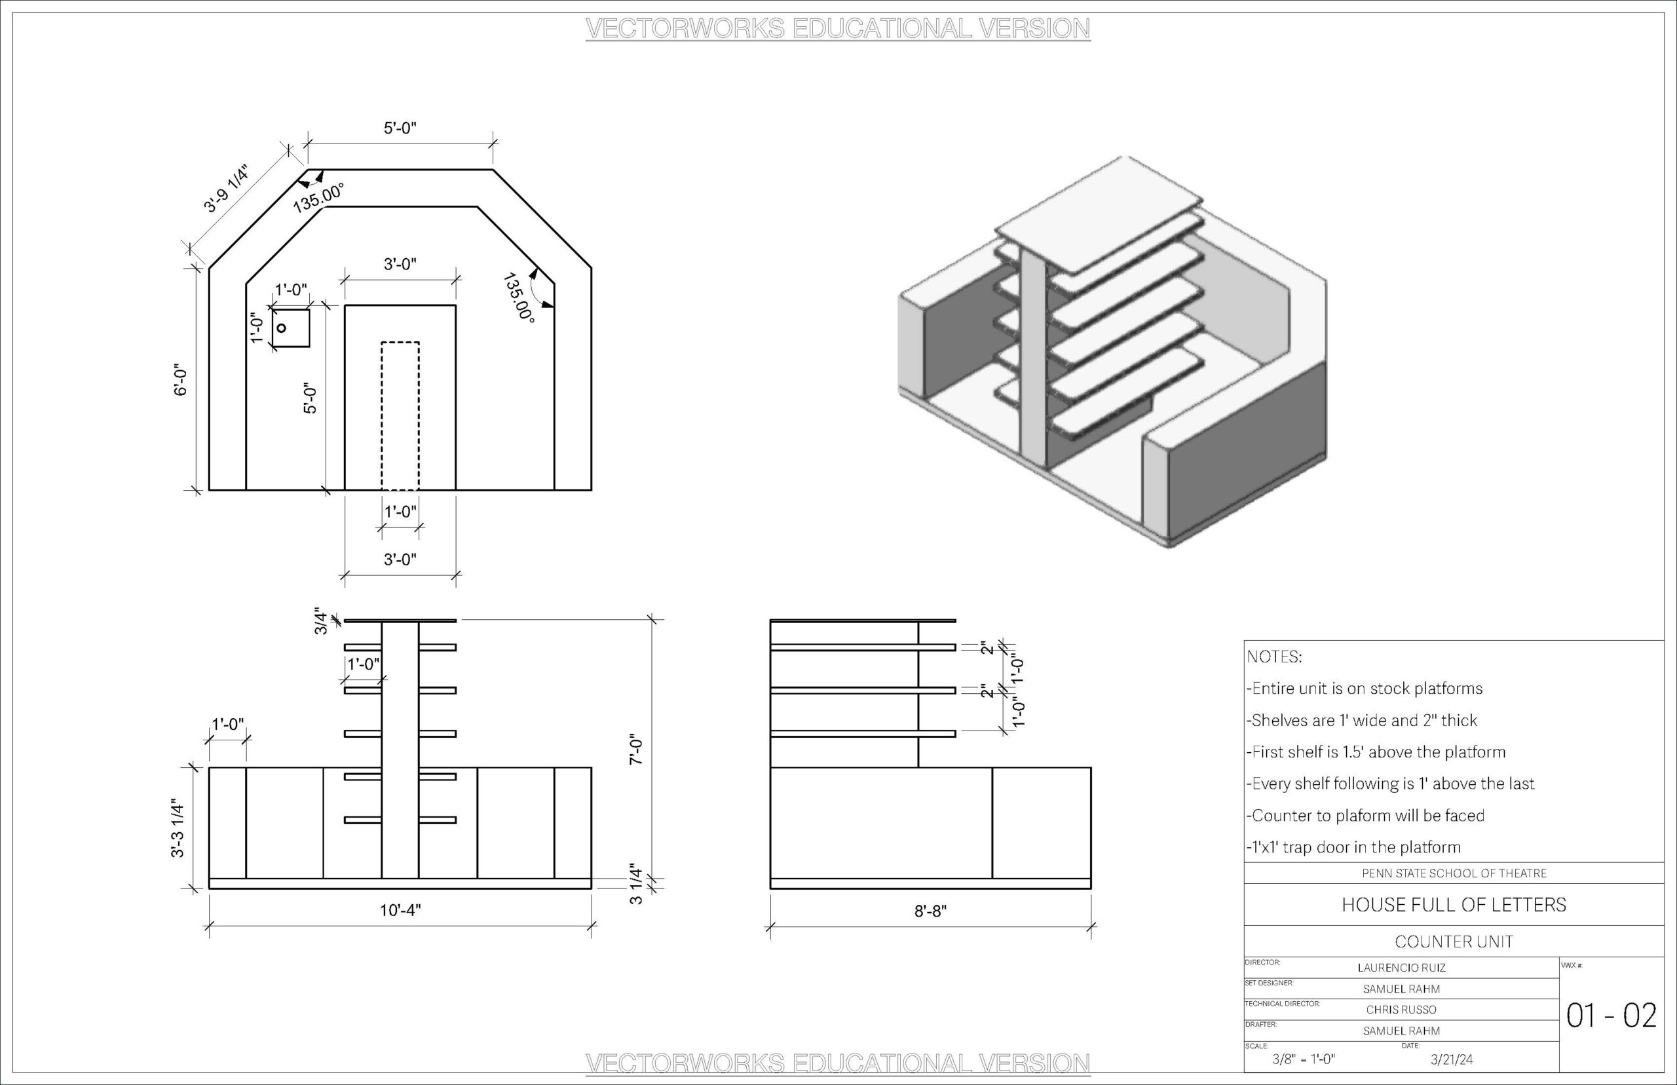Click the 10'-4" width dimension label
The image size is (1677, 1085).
click(x=400, y=910)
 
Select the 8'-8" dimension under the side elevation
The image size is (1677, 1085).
click(x=930, y=911)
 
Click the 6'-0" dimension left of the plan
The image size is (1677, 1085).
click(x=181, y=380)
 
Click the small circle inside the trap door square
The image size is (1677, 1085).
click(x=281, y=328)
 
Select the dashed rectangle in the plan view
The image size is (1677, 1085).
click(x=400, y=415)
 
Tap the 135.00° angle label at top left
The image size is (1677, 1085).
click(x=318, y=197)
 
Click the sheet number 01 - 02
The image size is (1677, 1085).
click(x=1611, y=1016)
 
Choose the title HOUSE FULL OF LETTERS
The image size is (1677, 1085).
click(x=1454, y=905)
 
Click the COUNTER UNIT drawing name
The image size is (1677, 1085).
click(x=1454, y=942)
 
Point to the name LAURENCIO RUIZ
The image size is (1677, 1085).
click(x=1401, y=968)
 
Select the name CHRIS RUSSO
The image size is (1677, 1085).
click(x=1401, y=1010)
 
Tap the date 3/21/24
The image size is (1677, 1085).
click(x=1452, y=1059)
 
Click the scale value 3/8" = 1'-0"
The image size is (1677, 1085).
click(x=1304, y=1059)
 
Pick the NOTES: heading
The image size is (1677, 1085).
click(x=1274, y=657)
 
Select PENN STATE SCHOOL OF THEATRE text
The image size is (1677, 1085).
click(x=1454, y=873)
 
